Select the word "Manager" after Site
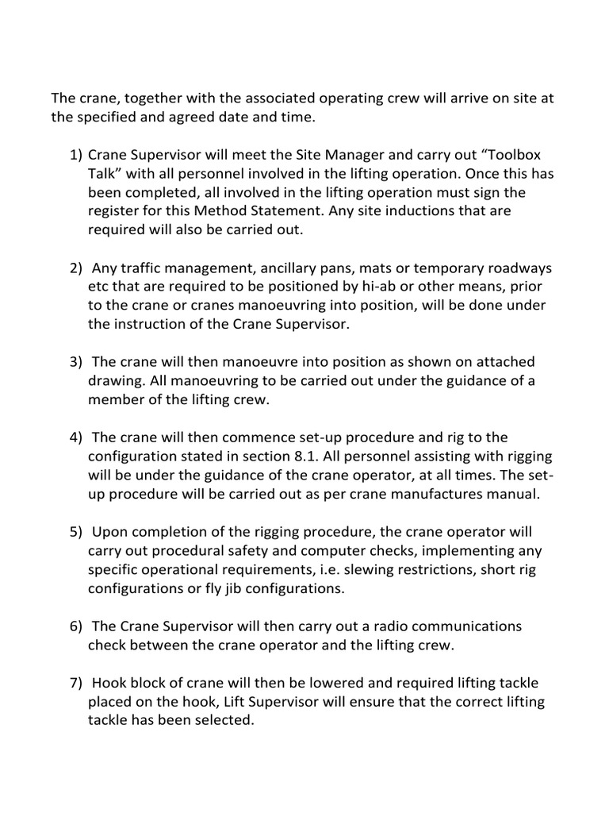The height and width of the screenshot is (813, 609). (x=361, y=154)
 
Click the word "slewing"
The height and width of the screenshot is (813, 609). (x=393, y=569)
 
